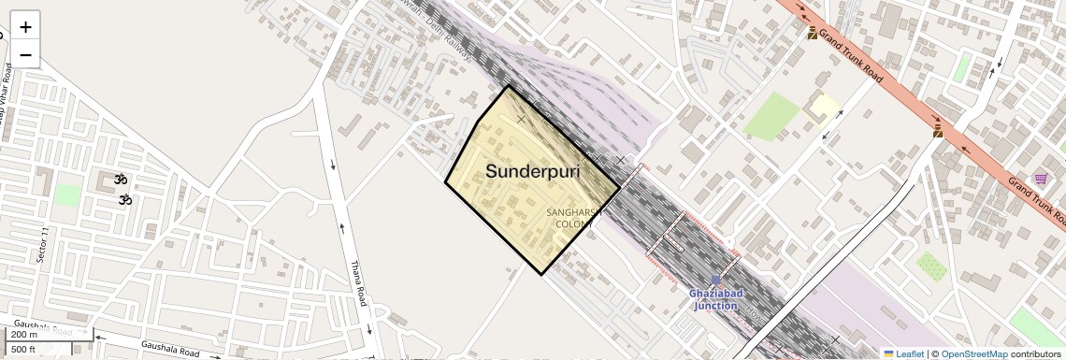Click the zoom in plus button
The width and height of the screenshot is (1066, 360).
pyautogui.click(x=25, y=26)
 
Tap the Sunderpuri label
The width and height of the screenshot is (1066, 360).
pyautogui.click(x=532, y=172)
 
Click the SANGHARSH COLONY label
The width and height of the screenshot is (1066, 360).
pyautogui.click(x=571, y=219)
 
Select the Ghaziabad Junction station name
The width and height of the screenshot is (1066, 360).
pyautogui.click(x=715, y=299)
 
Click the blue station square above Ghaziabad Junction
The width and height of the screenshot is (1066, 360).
pyautogui.click(x=716, y=280)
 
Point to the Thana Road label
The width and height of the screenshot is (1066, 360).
pyautogui.click(x=359, y=284)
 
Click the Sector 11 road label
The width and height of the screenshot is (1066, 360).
pyautogui.click(x=42, y=245)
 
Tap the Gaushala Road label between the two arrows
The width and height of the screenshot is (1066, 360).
pyautogui.click(x=170, y=349)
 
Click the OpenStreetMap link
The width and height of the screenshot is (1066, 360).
pyautogui.click(x=973, y=353)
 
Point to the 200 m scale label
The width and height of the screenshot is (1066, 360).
pyautogui.click(x=24, y=335)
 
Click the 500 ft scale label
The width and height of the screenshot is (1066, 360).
pyautogui.click(x=23, y=349)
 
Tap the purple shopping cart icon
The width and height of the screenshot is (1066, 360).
pyautogui.click(x=1041, y=179)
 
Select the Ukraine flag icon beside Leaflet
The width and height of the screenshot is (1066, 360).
pyautogui.click(x=888, y=353)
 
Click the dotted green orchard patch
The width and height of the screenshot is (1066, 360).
pyautogui.click(x=930, y=266)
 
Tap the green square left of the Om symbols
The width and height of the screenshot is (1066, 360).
pyautogui.click(x=66, y=194)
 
